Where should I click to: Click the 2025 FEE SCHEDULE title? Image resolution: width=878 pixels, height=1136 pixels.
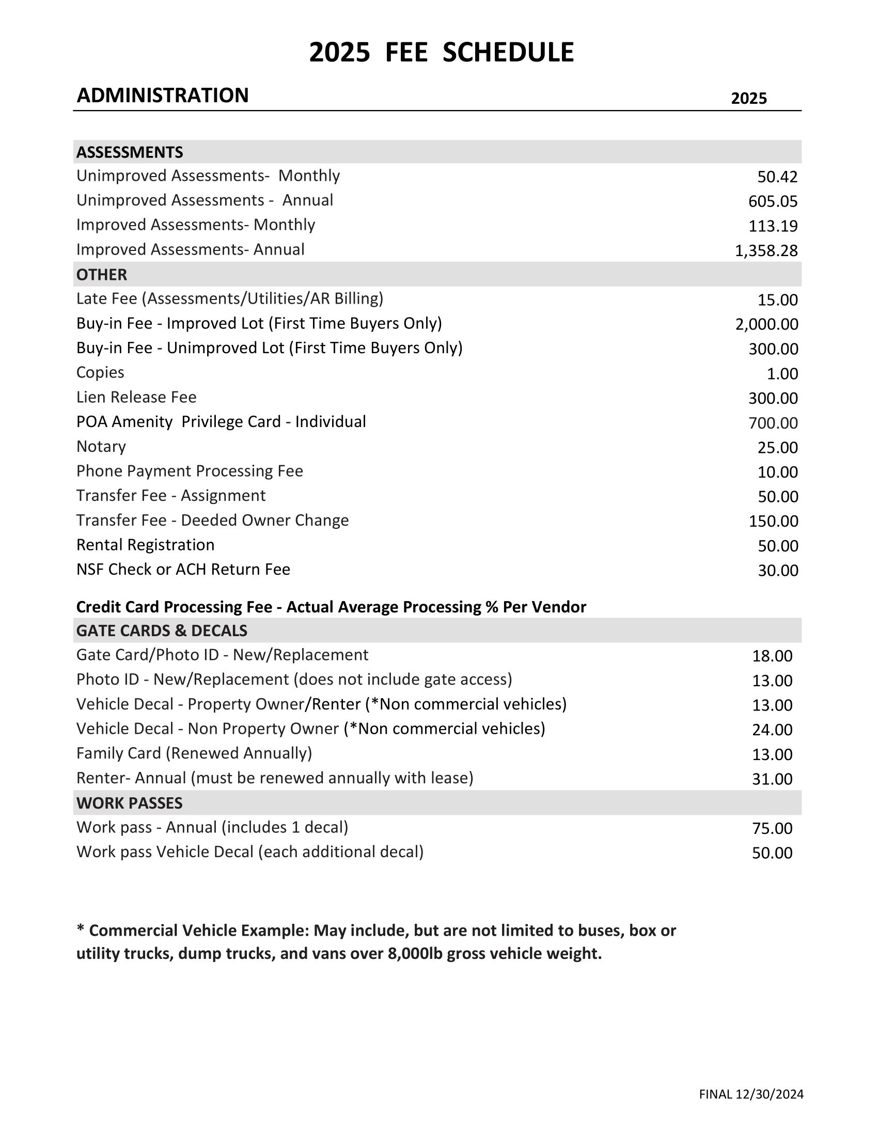pyautogui.click(x=441, y=53)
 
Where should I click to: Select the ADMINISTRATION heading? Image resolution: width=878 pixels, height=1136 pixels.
pyautogui.click(x=162, y=96)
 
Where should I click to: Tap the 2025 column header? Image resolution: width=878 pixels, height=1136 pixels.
pyautogui.click(x=748, y=98)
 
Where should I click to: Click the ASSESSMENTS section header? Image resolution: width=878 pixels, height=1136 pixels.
pyautogui.click(x=130, y=152)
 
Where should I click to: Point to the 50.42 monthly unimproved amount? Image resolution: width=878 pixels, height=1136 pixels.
pyautogui.click(x=777, y=177)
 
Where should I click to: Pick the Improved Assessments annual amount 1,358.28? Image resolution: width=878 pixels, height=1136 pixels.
pyautogui.click(x=765, y=251)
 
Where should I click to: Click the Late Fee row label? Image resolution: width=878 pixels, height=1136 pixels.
pyautogui.click(x=229, y=298)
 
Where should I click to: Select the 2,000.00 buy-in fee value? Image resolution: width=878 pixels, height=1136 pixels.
pyautogui.click(x=766, y=324)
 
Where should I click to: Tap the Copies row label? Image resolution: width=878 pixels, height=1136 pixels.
pyautogui.click(x=100, y=372)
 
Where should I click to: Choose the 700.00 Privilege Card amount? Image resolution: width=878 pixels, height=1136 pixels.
pyautogui.click(x=773, y=423)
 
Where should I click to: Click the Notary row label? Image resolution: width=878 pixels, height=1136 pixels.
pyautogui.click(x=101, y=446)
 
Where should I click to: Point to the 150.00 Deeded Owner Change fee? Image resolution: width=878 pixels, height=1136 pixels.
pyautogui.click(x=773, y=520)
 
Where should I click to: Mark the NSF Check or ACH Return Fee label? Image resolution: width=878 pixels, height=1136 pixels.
pyautogui.click(x=183, y=570)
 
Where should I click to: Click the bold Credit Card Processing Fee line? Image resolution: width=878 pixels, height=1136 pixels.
pyautogui.click(x=331, y=607)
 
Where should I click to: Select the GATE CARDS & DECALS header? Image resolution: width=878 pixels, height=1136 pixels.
pyautogui.click(x=162, y=631)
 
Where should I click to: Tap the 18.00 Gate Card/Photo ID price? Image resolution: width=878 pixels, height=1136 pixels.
pyautogui.click(x=772, y=656)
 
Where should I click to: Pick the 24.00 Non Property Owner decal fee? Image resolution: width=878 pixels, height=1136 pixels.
pyautogui.click(x=772, y=730)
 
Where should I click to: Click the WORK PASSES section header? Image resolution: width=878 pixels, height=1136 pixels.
pyautogui.click(x=130, y=803)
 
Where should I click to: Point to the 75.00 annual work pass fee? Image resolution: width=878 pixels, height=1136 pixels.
pyautogui.click(x=772, y=828)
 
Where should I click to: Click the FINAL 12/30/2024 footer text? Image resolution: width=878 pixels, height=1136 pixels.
pyautogui.click(x=751, y=1094)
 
